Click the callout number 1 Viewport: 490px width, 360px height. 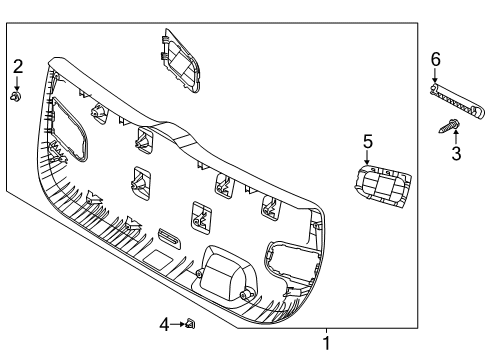click(x=325, y=343)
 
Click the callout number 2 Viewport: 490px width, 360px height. click(x=17, y=66)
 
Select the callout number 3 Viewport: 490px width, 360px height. click(x=455, y=153)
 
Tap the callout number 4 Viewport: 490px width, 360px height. click(x=164, y=323)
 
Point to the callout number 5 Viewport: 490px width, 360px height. click(x=367, y=142)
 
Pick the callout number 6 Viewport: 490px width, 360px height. click(x=435, y=61)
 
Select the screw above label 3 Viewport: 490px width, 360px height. click(x=448, y=125)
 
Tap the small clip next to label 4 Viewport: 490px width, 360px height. click(x=191, y=323)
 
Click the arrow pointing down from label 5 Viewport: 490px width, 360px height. click(x=367, y=158)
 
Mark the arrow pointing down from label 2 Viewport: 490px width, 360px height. click(x=17, y=82)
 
